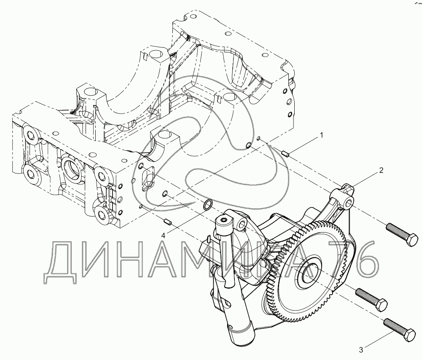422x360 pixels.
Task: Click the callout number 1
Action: tap(321, 135)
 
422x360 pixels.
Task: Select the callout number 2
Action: tap(381, 171)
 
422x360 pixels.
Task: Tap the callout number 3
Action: tap(361, 350)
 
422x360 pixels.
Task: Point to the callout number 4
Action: tap(163, 235)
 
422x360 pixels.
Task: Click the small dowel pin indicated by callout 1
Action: tap(285, 154)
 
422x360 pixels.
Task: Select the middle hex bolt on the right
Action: tap(372, 300)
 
